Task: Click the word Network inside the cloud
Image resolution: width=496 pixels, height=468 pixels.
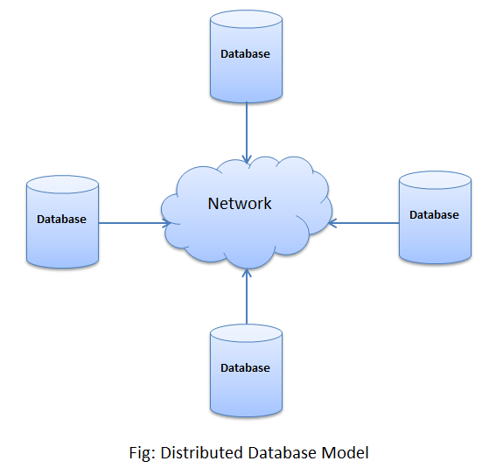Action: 240,204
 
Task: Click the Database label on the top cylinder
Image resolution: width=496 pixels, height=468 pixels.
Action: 246,53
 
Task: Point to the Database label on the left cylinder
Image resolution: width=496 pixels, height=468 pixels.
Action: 62,220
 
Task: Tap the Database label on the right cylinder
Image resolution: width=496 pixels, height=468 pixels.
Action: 435,215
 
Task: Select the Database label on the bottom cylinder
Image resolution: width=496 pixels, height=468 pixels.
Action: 246,368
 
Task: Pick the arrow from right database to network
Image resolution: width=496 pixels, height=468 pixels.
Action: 364,222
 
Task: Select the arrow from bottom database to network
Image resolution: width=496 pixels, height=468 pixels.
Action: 247,297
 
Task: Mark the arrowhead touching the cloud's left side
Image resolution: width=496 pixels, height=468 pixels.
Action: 165,222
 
